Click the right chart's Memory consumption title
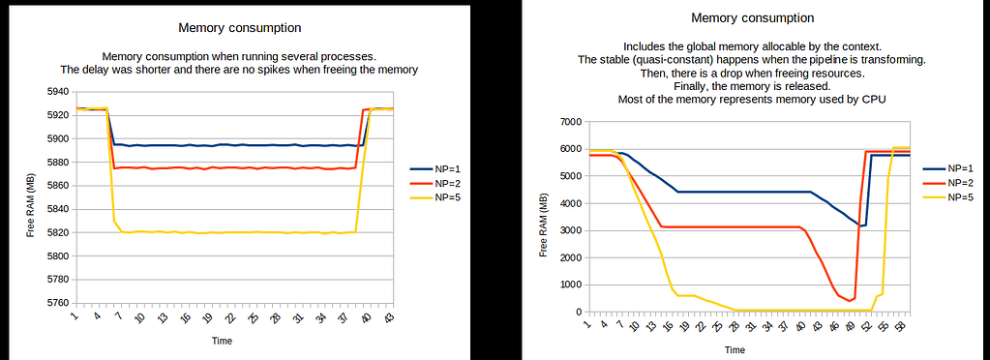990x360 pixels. click(753, 17)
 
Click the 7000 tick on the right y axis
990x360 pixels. click(566, 122)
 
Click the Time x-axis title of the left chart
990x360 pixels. click(223, 341)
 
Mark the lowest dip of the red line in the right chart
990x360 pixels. click(850, 301)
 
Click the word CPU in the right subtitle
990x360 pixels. click(875, 100)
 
